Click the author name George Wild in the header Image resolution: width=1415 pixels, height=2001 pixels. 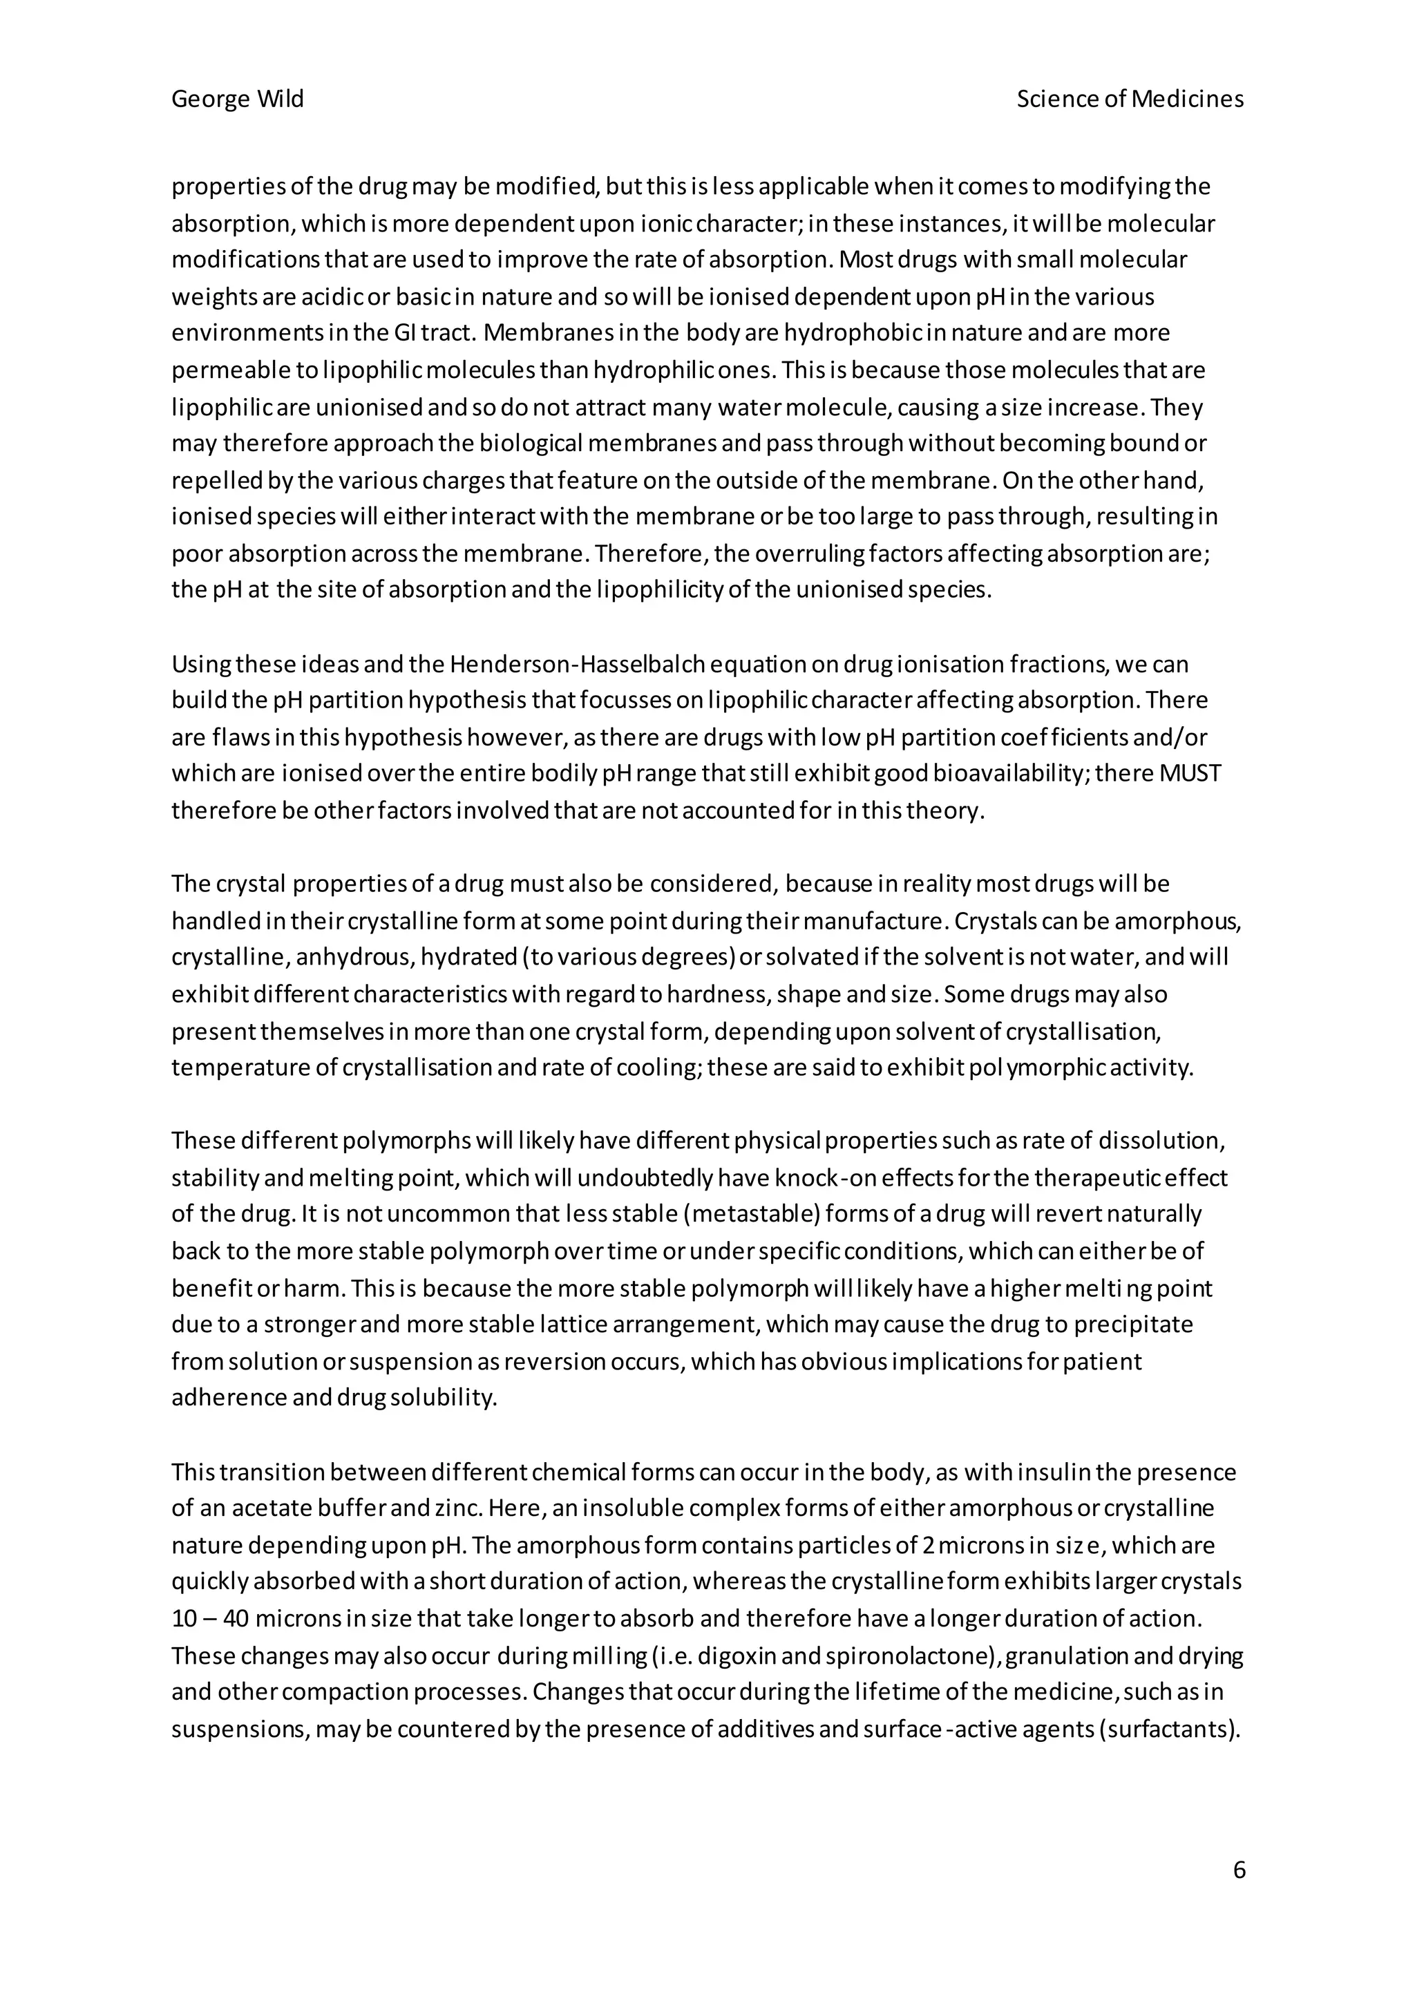click(237, 99)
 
